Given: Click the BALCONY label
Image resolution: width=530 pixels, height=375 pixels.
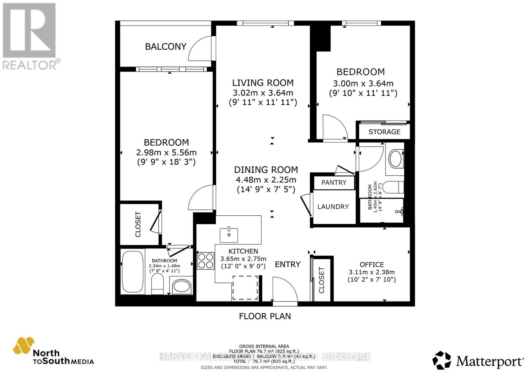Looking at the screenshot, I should [x=166, y=46].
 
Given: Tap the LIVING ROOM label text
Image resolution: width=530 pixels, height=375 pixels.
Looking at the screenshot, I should [x=263, y=83].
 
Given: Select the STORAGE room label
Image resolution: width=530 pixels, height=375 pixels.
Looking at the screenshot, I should [x=384, y=132].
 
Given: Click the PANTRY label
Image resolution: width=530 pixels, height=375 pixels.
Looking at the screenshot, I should [x=334, y=183].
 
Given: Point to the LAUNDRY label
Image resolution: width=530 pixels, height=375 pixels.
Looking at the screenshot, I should [x=333, y=207].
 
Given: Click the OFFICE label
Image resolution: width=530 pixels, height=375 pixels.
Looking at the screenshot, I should [x=372, y=265].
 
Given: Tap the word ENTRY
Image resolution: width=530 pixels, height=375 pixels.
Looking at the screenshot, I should [x=288, y=264].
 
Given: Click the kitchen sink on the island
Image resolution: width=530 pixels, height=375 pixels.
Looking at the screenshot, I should [x=229, y=235].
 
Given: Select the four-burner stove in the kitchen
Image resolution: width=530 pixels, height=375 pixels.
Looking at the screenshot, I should [x=205, y=261].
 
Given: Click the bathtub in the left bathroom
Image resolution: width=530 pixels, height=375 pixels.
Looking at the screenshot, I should [x=132, y=272].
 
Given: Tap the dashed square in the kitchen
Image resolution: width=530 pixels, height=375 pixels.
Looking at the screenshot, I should [x=245, y=288].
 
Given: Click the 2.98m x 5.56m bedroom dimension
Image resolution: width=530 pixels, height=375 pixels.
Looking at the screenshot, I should [x=166, y=153].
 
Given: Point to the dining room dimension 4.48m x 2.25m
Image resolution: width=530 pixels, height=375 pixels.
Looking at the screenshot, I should [x=266, y=180].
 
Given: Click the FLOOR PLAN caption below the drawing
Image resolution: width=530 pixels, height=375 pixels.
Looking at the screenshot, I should [x=265, y=316].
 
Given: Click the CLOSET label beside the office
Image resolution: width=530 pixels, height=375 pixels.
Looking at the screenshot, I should [x=321, y=280].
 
